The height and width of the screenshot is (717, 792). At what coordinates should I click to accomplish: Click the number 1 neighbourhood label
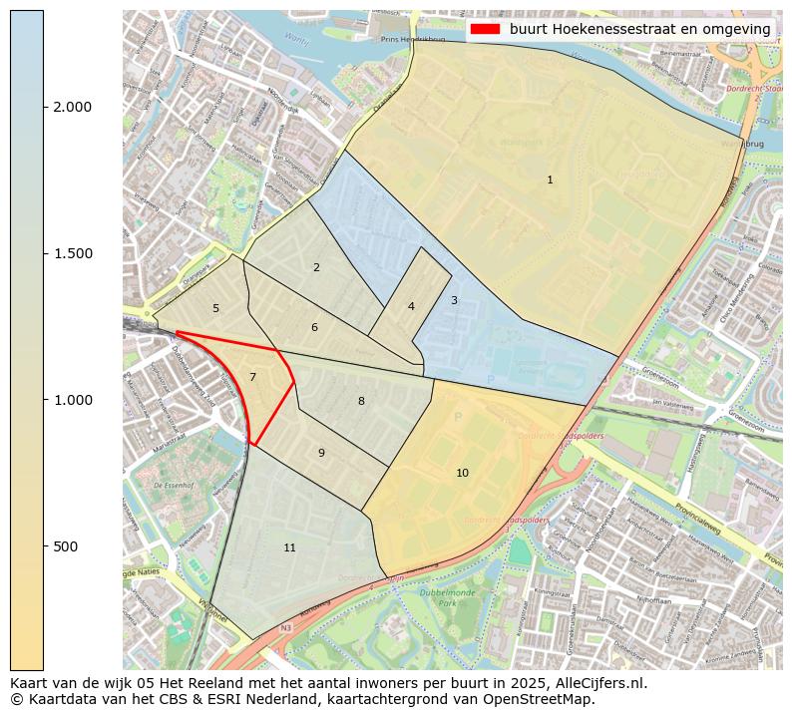(550, 180)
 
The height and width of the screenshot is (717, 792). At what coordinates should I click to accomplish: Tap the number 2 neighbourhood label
(316, 267)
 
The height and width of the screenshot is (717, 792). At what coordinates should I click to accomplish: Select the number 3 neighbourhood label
(454, 300)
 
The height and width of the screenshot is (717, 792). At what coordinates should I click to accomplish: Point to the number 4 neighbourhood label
(411, 306)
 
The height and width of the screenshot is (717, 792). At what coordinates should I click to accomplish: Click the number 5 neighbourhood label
(215, 309)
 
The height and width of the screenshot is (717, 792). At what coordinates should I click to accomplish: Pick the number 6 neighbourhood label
(314, 328)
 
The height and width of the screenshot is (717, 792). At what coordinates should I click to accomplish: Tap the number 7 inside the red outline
(252, 377)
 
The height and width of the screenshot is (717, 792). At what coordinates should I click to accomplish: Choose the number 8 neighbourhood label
(361, 401)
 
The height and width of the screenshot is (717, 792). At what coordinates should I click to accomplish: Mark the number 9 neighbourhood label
(321, 453)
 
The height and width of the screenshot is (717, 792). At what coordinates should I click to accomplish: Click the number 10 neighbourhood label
(462, 473)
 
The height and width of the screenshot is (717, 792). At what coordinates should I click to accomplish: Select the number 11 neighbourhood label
(289, 547)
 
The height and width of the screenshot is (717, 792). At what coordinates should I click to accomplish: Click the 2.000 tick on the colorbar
(71, 108)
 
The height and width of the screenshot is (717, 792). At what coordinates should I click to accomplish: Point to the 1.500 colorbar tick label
(71, 253)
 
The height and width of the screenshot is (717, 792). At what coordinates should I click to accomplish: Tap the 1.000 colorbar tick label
(71, 400)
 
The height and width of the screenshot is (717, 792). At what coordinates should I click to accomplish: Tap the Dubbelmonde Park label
(443, 597)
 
